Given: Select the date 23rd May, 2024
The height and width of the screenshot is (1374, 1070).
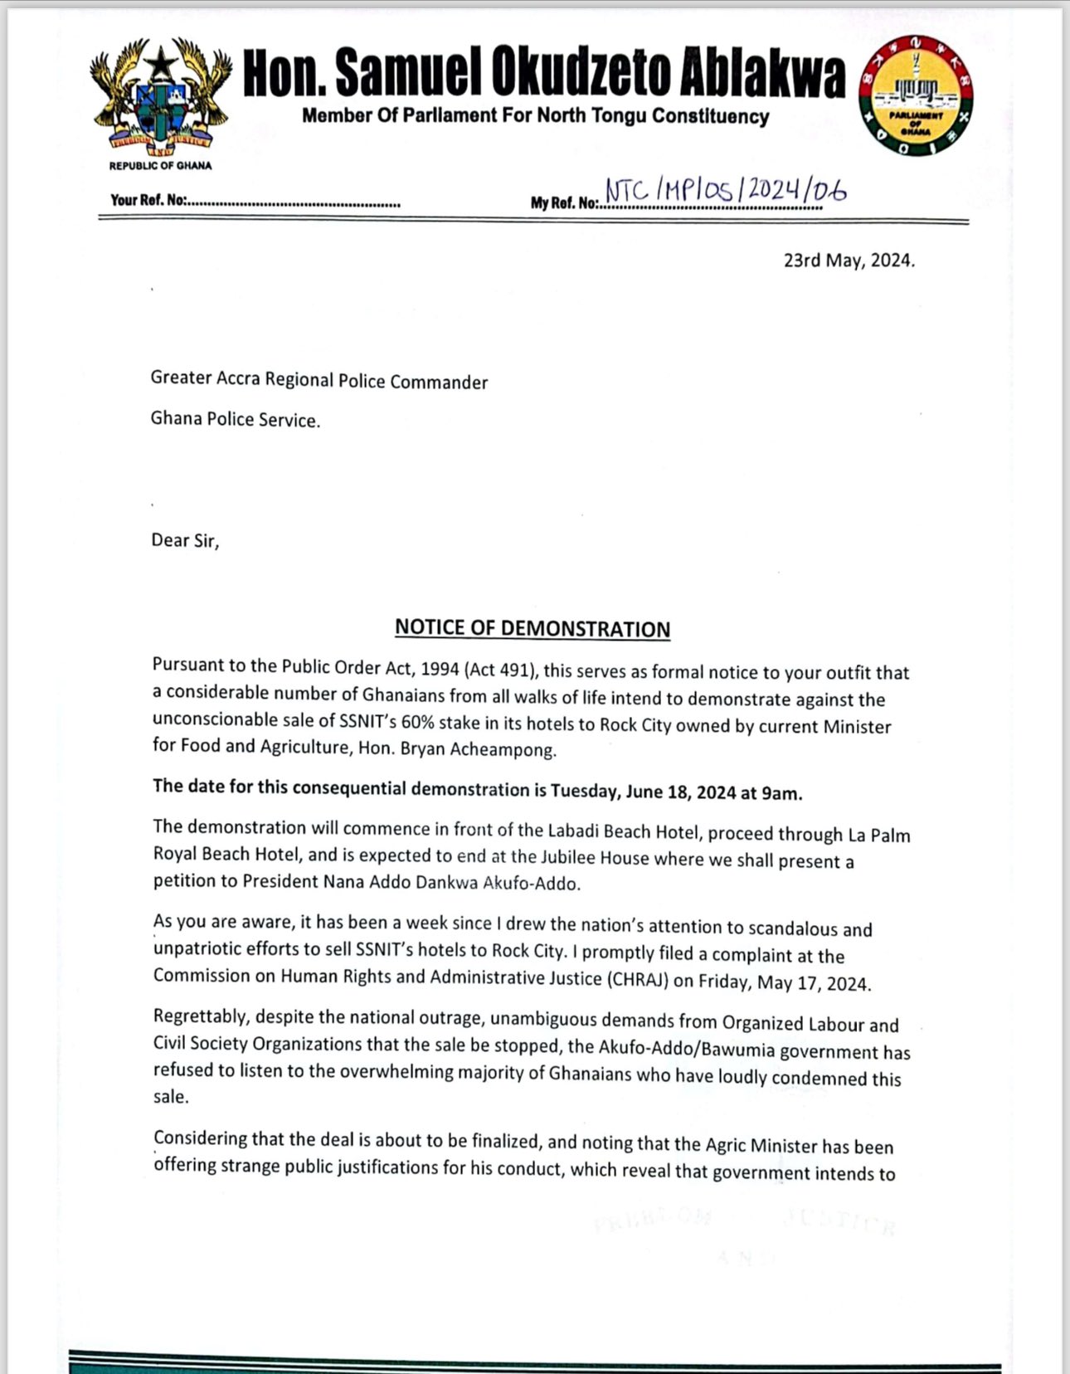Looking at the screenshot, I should click(849, 261).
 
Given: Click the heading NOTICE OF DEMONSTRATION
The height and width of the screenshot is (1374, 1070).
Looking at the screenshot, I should click(532, 628).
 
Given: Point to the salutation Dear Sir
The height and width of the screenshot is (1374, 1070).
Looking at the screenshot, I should click(184, 541).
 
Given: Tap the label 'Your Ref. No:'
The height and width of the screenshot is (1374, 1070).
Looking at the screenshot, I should click(149, 201).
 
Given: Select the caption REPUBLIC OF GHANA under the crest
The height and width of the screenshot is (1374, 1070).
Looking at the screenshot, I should click(160, 165).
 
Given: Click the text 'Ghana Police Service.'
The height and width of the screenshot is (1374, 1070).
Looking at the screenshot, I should click(235, 420).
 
